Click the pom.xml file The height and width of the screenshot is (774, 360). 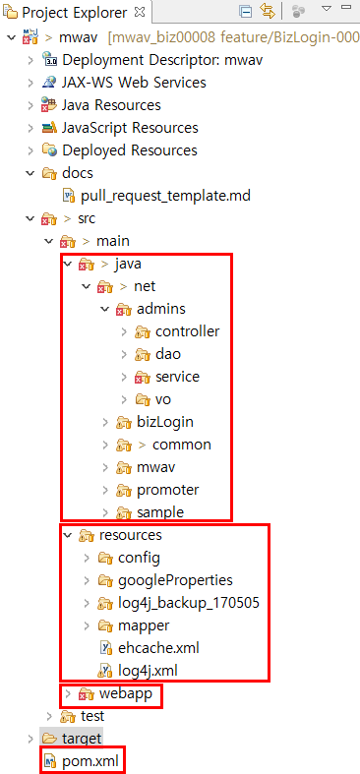click(90, 760)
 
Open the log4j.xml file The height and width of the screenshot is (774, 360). click(137, 670)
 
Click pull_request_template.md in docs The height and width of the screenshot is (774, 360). click(165, 196)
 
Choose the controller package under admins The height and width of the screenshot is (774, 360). click(187, 331)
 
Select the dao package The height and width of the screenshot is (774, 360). click(167, 354)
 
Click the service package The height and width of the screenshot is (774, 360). click(177, 377)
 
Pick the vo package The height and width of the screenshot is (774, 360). click(163, 399)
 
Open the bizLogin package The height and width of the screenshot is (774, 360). click(164, 422)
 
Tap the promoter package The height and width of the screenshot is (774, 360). click(167, 490)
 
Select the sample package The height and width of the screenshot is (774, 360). click(160, 512)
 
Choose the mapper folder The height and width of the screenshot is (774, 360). click(144, 625)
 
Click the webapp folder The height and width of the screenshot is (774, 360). click(124, 693)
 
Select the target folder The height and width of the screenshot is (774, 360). click(82, 738)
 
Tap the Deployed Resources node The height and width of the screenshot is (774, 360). click(129, 150)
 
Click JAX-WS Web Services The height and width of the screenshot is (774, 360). click(134, 83)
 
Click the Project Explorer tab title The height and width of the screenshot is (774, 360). click(74, 13)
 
